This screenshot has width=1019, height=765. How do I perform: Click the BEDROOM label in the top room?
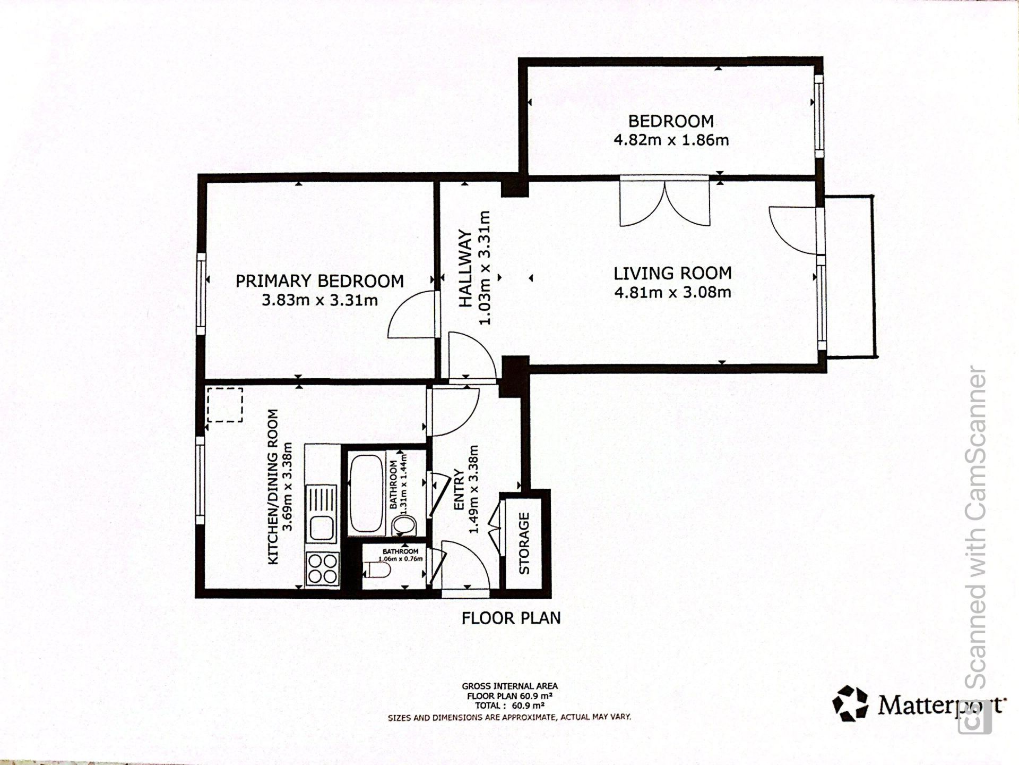pyautogui.click(x=671, y=121)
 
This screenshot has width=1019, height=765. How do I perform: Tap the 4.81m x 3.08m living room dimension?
pyautogui.click(x=672, y=292)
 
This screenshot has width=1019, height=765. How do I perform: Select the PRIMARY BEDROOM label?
pyautogui.click(x=319, y=281)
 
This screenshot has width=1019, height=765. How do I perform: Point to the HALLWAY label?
pyautogui.click(x=465, y=268)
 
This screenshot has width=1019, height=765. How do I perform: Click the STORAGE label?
pyautogui.click(x=524, y=543)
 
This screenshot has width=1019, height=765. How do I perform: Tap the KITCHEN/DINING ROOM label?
pyautogui.click(x=273, y=487)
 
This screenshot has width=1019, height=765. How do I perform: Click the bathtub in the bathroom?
pyautogui.click(x=366, y=494)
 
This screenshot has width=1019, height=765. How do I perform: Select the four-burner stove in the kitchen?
pyautogui.click(x=322, y=568)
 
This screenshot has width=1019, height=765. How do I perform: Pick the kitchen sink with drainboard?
pyautogui.click(x=322, y=514)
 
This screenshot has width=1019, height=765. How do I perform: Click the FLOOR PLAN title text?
pyautogui.click(x=511, y=618)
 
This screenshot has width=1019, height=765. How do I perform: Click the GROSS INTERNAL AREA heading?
pyautogui.click(x=509, y=686)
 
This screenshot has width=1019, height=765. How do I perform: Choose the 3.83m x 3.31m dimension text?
pyautogui.click(x=319, y=301)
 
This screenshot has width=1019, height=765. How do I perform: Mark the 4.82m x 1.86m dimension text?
pyautogui.click(x=671, y=140)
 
